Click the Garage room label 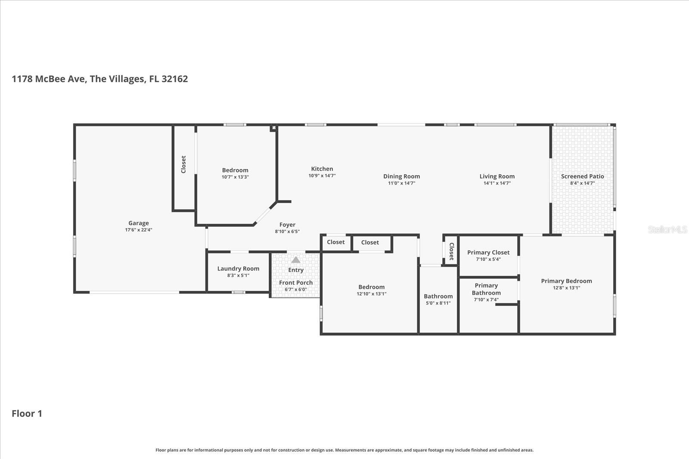pos(138,223)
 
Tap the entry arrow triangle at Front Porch pos(295,260)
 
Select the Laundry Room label pos(238,268)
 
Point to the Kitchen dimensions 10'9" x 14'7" pos(322,176)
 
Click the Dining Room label pos(401,176)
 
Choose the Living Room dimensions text pos(497,183)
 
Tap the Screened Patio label pos(582,176)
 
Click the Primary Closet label pos(488,253)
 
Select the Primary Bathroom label pos(486,289)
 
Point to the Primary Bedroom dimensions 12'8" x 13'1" pos(566,288)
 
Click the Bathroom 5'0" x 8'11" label pos(438,296)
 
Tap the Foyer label pos(287,225)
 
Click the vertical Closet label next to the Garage pos(183,164)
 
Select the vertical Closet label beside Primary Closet pos(451,251)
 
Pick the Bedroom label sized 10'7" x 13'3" pos(235,170)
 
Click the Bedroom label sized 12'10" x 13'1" pos(371,287)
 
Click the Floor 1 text pos(27,413)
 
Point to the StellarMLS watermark pos(667,229)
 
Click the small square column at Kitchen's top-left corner pos(273,128)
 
